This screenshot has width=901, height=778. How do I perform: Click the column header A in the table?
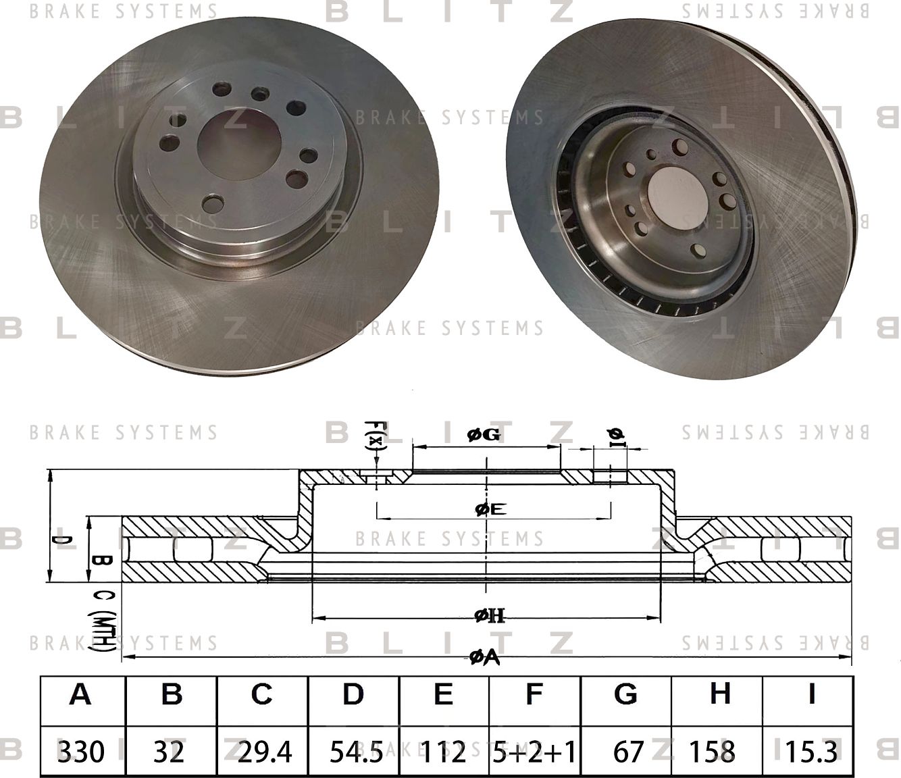tap(81, 694)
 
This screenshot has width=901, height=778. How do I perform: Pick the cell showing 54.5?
tap(353, 751)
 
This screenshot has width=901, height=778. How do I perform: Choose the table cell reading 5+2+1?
tap(534, 751)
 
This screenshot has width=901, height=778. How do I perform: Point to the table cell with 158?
tap(717, 751)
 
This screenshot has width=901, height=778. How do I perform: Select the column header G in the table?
tap(626, 694)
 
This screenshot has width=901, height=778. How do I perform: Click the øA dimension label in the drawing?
tap(484, 656)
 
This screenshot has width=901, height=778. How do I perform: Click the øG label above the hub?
tap(484, 436)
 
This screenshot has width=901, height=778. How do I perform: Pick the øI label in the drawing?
tap(617, 437)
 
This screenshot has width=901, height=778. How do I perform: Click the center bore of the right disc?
tap(676, 190)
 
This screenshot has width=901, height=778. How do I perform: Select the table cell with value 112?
tap(444, 751)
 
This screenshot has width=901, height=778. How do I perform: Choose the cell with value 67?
tap(626, 751)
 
